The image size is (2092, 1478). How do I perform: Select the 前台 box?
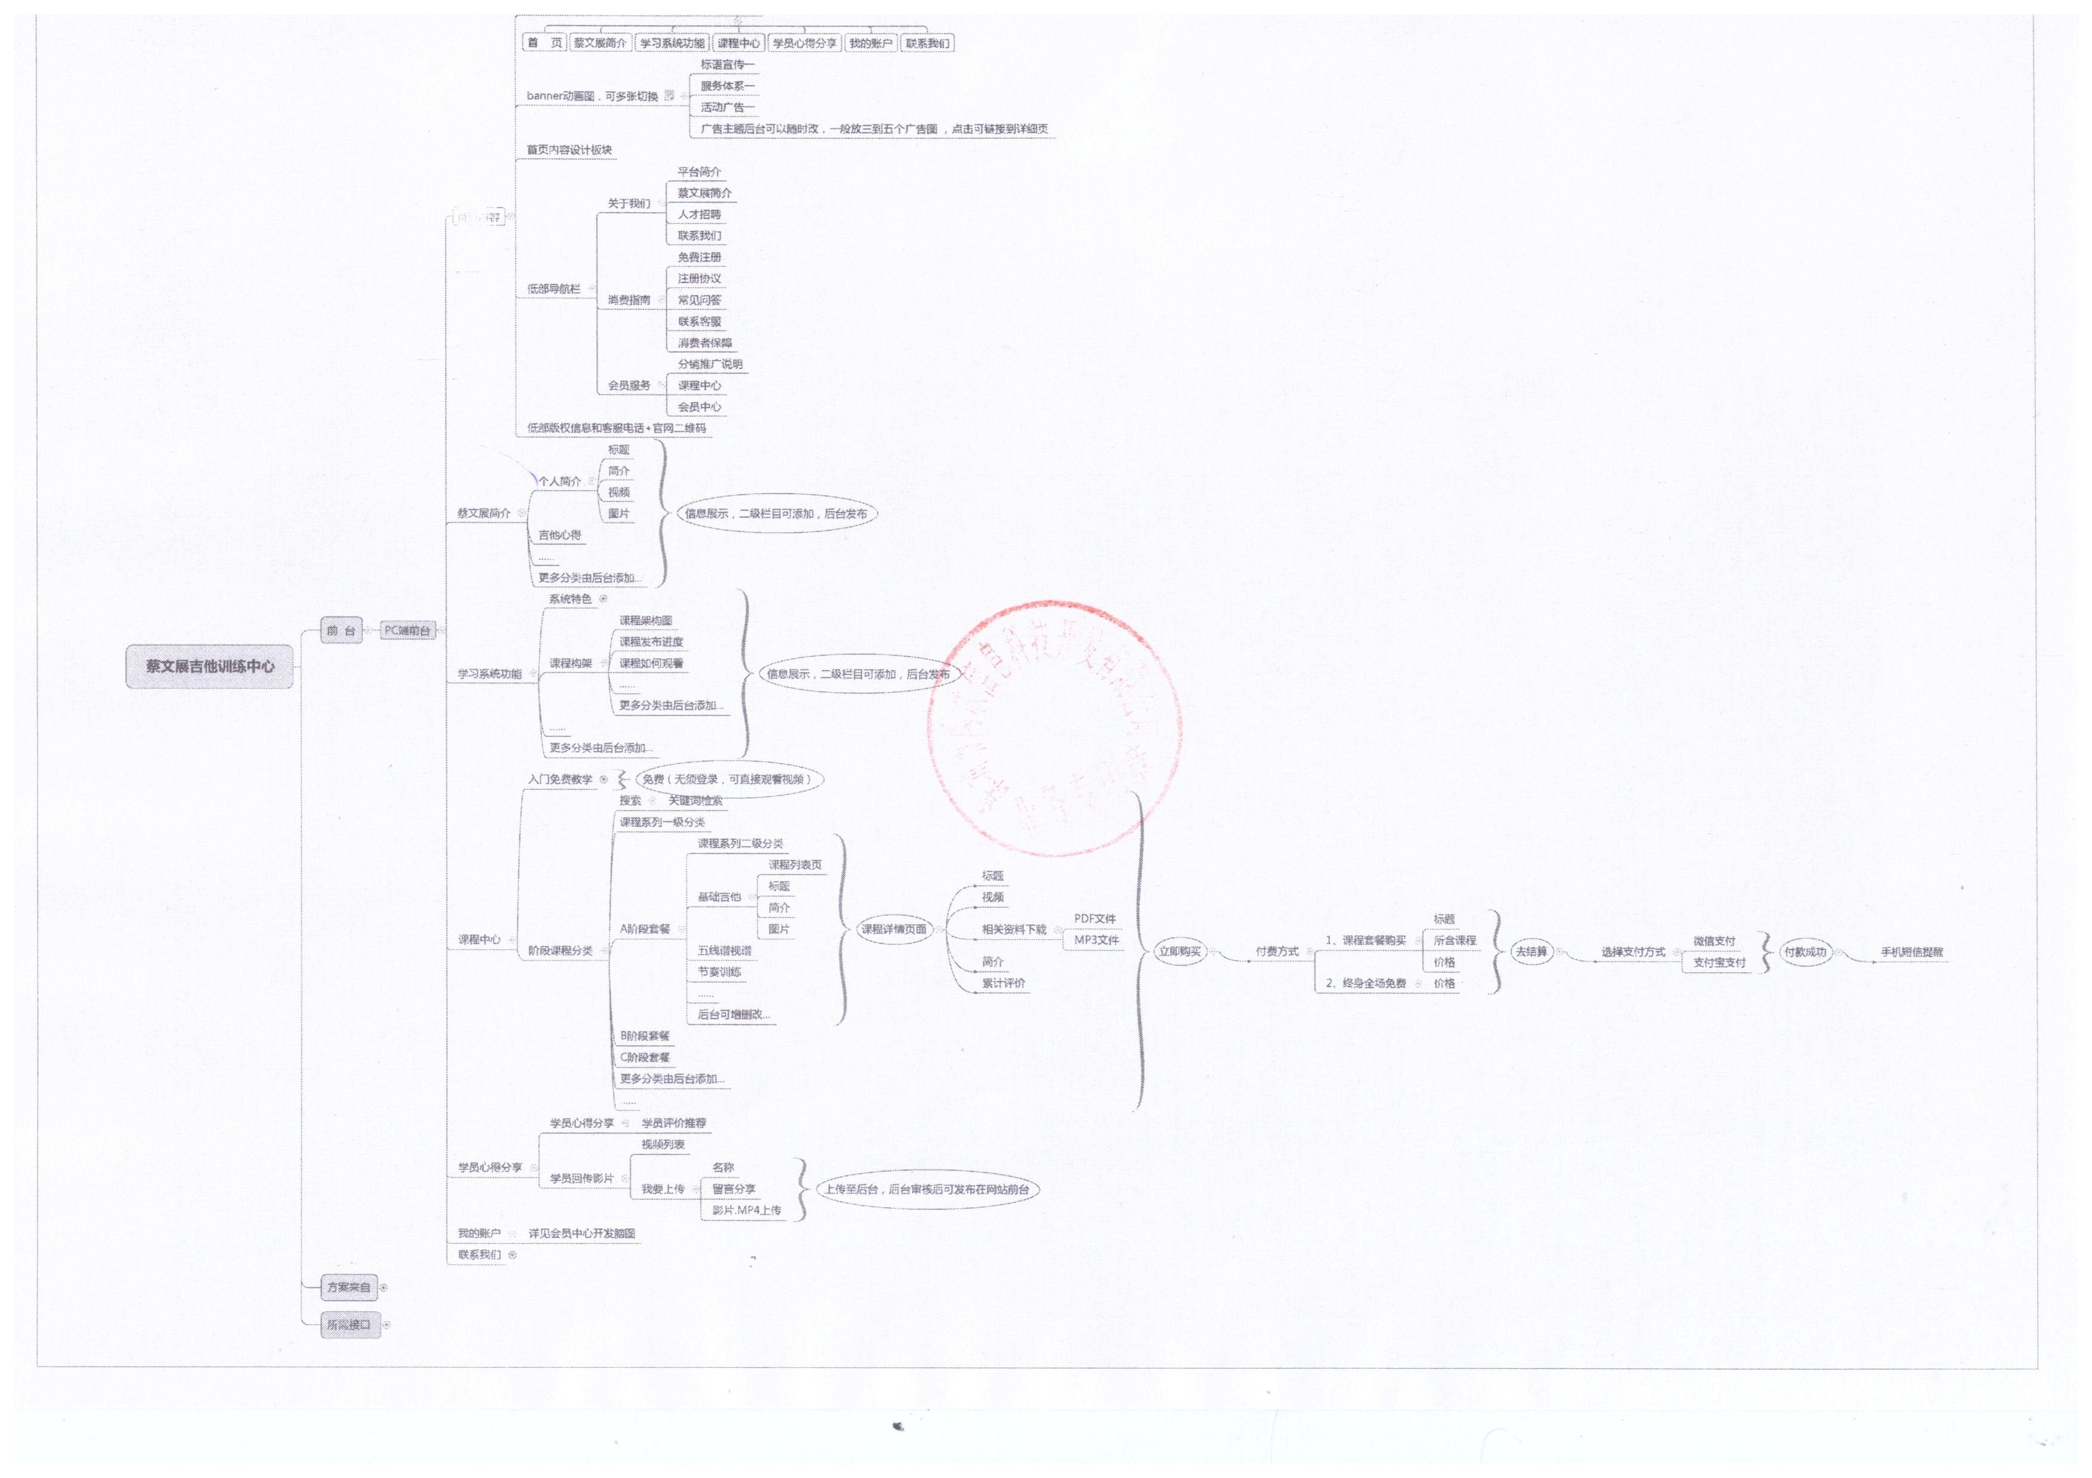point(341,630)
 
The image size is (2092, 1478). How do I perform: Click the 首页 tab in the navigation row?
point(545,43)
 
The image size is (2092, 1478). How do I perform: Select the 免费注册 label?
point(699,257)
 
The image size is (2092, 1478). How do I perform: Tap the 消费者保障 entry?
point(704,343)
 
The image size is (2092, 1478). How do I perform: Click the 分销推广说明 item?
point(710,364)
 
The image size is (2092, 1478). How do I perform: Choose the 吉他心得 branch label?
point(559,535)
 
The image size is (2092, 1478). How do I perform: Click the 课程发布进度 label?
point(651,642)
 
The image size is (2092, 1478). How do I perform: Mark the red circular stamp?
point(1054,728)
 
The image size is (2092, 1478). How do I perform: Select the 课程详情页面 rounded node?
point(894,930)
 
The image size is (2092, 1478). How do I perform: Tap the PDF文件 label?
point(1094,919)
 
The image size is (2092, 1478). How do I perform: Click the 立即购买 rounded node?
point(1180,952)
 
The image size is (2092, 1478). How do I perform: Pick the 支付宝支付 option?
point(1719,962)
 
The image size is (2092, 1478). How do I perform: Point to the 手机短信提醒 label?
point(1911,952)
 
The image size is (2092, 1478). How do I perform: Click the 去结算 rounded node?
point(1531,952)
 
